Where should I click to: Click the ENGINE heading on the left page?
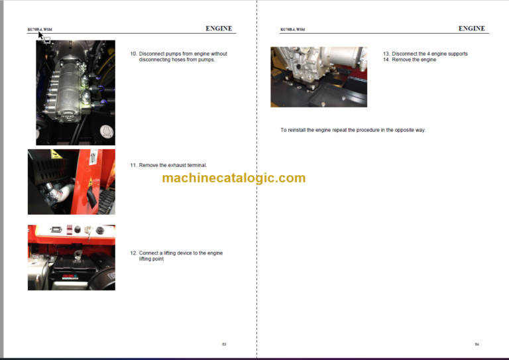click(x=219, y=29)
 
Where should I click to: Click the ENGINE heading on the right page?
click(x=472, y=29)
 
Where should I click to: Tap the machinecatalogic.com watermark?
click(x=233, y=178)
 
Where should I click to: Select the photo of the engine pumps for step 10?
click(x=75, y=92)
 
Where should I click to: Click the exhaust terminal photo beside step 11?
click(x=71, y=182)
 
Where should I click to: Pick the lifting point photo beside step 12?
click(x=71, y=257)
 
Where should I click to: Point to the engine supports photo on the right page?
click(x=318, y=77)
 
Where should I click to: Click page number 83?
click(x=224, y=344)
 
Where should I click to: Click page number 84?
click(x=477, y=344)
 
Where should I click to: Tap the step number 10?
click(x=133, y=54)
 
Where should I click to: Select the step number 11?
click(x=133, y=165)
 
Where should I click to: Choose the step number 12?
click(x=133, y=253)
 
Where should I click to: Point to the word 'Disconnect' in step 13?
click(x=405, y=54)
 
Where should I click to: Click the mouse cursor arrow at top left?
click(x=40, y=35)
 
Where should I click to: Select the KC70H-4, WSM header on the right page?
click(x=292, y=30)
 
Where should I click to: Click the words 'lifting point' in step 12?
click(x=151, y=259)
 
